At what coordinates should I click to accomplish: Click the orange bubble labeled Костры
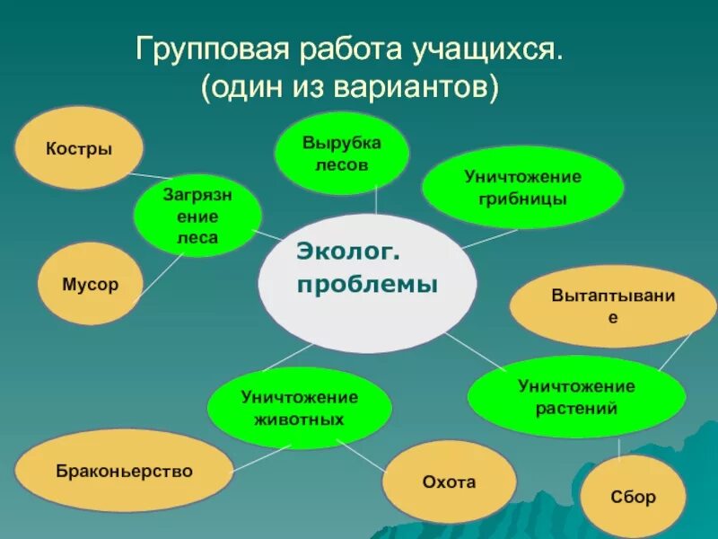coord(79,148)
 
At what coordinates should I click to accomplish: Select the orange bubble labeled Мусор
coord(90,284)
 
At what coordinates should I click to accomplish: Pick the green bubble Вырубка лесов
coord(341,154)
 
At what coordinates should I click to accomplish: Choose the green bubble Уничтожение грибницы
coord(522,187)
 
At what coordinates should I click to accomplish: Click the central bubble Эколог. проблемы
coord(367,269)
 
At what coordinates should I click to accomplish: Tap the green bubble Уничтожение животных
coord(299,407)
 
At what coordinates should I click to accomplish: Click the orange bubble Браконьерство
coord(124,470)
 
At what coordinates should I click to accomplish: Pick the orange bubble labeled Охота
coord(449,482)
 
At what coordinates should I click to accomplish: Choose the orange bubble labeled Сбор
coord(633,496)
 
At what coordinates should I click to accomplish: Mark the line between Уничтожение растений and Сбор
coord(619,447)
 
